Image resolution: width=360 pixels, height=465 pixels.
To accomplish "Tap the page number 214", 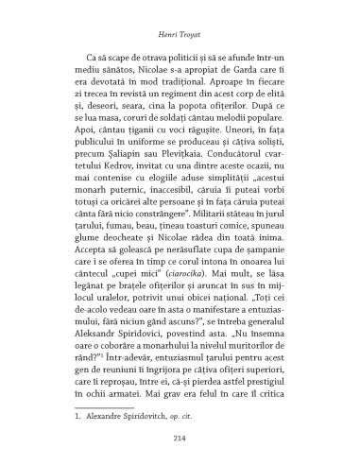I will click(179, 436).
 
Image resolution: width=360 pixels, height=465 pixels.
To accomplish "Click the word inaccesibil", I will click(160, 215).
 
